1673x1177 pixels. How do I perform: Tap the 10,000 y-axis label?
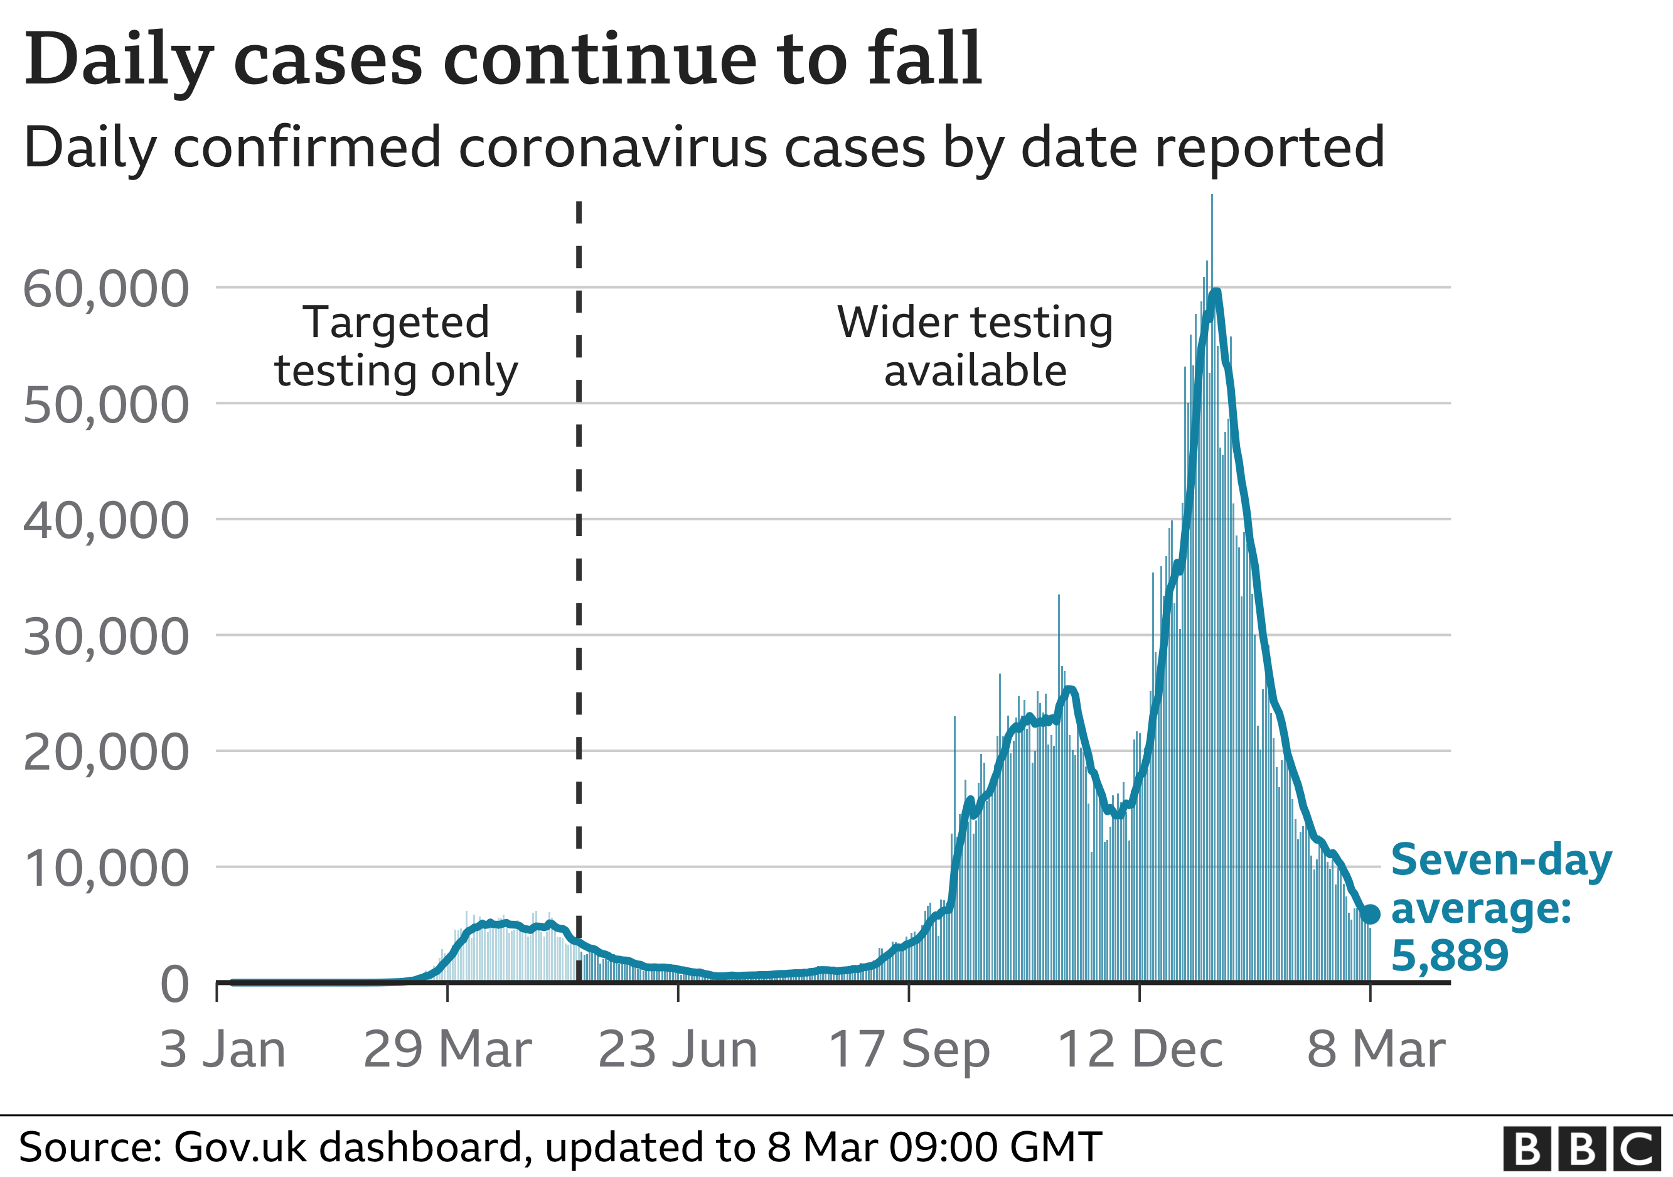107,869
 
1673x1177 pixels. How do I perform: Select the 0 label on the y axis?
175,984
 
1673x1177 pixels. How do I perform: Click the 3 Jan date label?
222,1050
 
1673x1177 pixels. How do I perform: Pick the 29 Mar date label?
447,1050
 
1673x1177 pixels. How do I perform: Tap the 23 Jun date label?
678,1050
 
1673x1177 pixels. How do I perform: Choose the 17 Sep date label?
909,1050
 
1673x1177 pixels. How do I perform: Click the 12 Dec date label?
1140,1050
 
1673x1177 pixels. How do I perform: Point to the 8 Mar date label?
1376,1050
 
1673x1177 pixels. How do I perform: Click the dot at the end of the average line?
1371,914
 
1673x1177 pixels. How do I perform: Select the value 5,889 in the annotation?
1450,955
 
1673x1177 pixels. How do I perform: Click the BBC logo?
1582,1149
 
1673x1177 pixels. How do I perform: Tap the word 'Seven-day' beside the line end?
1502,861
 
